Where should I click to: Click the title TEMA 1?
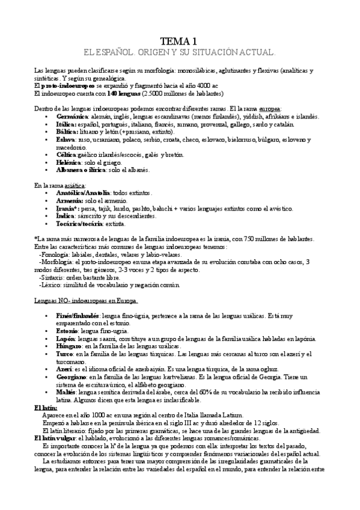click(x=180, y=41)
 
